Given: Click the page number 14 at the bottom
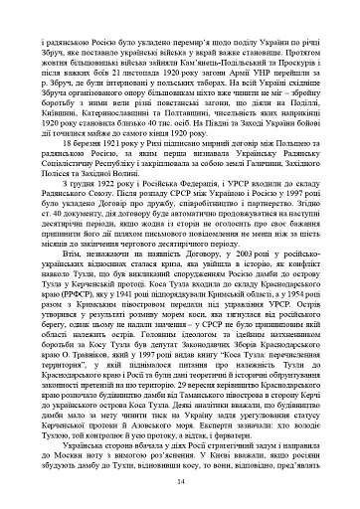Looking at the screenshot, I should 180,482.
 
